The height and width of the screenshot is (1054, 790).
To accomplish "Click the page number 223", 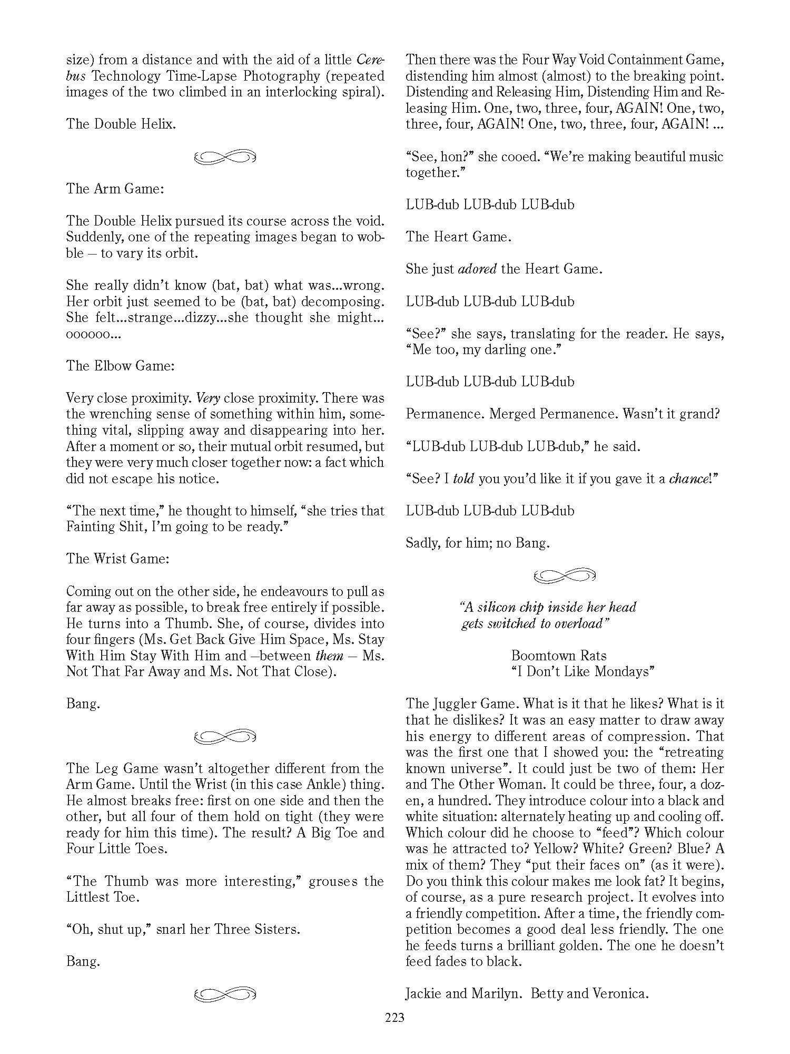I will (394, 1018).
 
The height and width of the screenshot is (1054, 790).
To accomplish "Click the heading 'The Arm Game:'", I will (115, 189).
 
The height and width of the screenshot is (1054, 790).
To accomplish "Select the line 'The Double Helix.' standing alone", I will (121, 124).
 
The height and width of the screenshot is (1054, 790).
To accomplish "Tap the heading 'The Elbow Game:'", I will (120, 366).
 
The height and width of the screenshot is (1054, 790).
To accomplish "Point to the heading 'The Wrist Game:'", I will (117, 559).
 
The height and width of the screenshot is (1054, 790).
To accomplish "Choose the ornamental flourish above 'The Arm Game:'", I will (225, 157).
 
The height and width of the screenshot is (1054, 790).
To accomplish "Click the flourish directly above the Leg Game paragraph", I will (225, 736).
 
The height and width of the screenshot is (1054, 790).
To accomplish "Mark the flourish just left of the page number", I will (225, 994).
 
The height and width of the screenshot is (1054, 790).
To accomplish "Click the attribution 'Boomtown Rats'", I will (558, 656).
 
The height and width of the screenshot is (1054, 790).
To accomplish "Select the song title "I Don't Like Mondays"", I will (582, 671).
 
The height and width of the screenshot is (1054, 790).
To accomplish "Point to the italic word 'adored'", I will (477, 269).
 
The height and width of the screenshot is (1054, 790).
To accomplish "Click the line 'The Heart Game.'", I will (458, 237).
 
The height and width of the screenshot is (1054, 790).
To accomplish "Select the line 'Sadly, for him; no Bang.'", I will (478, 543).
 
